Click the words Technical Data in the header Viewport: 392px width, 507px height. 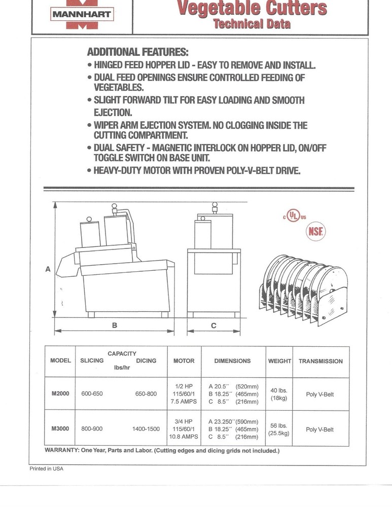point(252,24)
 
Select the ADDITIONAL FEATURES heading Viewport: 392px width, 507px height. point(137,52)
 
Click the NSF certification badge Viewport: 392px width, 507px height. point(315,232)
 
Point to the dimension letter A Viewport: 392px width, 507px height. point(48,269)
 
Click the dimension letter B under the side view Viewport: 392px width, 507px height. point(115,326)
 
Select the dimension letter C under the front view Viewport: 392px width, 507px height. point(213,326)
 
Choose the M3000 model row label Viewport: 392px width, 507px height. point(60,429)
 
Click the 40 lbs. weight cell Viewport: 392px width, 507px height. point(279,394)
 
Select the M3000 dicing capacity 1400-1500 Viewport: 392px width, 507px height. point(146,429)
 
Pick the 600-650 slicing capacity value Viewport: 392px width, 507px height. point(92,394)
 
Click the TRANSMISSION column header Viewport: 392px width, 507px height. point(320,361)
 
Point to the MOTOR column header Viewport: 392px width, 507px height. point(184,361)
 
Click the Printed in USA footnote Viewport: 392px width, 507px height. point(46,469)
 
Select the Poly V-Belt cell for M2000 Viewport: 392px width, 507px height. point(320,394)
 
